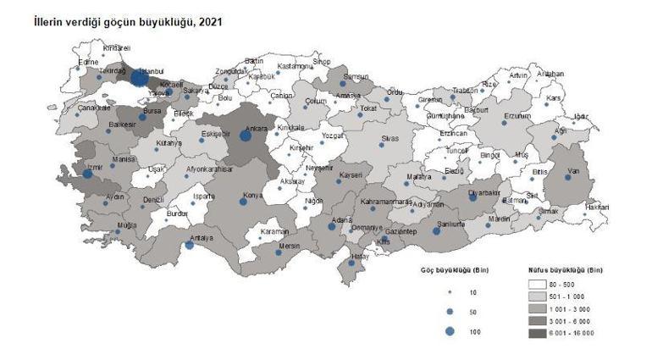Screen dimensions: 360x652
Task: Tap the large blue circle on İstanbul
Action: tap(140, 78)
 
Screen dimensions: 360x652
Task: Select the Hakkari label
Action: tap(598, 206)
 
